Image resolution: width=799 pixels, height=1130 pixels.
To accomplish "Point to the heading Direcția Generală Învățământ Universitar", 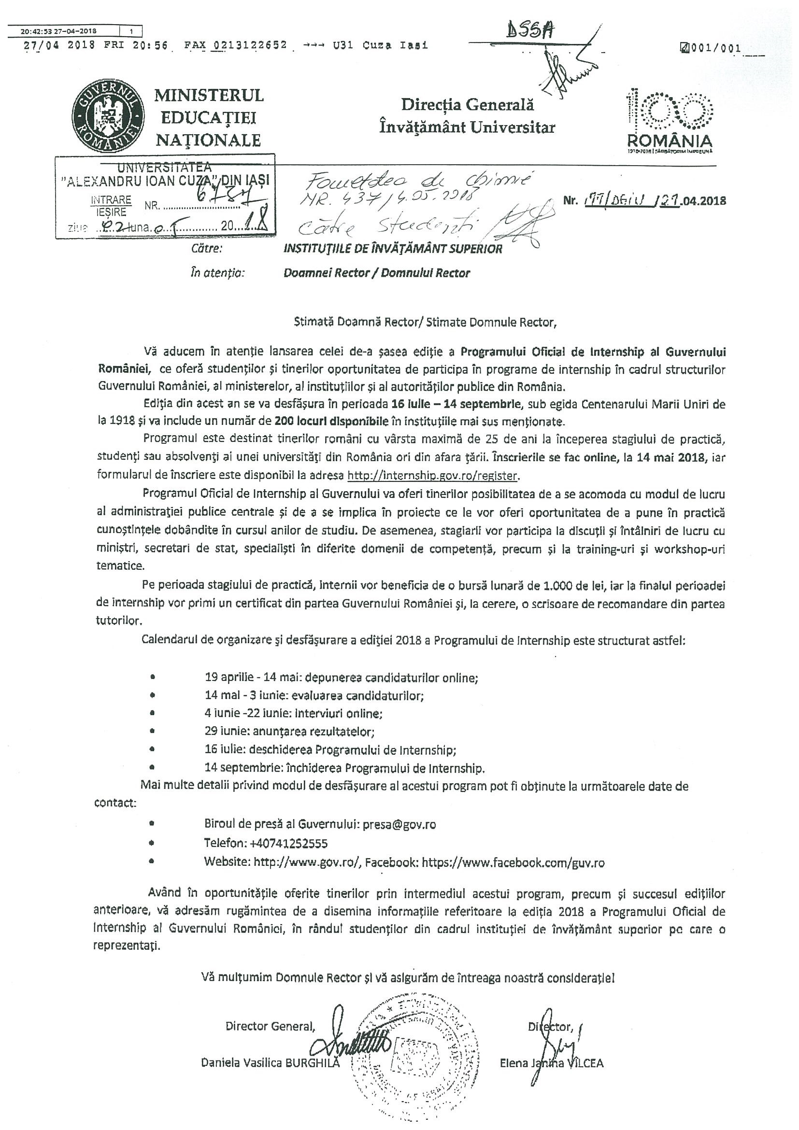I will point(467,116).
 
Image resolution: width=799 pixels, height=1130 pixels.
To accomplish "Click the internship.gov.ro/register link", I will point(433,476).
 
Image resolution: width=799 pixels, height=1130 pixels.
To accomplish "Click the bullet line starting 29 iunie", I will point(290,731).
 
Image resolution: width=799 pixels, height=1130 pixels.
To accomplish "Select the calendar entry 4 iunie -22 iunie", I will point(293,713).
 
